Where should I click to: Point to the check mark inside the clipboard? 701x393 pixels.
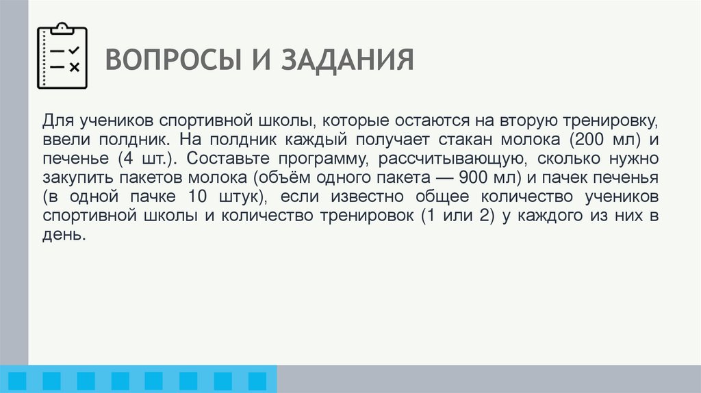(x=75, y=50)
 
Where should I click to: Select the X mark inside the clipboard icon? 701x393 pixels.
(x=75, y=66)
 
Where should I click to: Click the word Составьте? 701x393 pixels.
(x=219, y=160)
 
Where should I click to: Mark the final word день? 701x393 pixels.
(x=63, y=236)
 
